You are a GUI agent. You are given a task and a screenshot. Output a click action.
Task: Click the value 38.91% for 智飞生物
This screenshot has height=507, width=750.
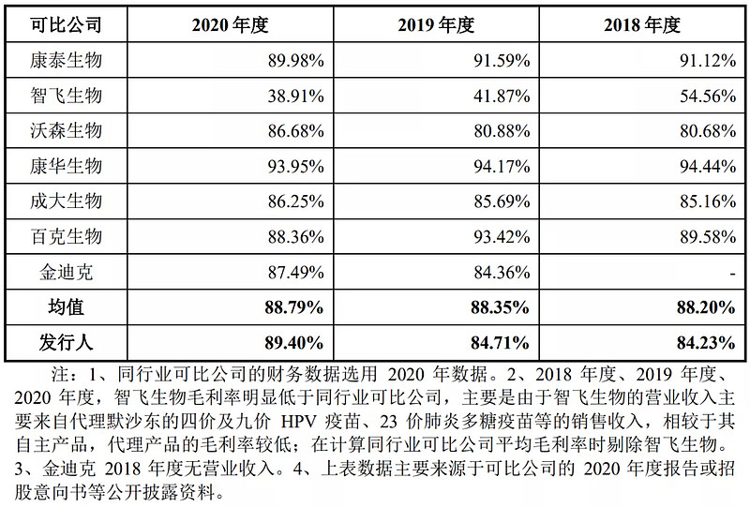294,96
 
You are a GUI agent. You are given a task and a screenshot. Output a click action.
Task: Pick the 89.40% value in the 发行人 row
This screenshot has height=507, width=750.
292,341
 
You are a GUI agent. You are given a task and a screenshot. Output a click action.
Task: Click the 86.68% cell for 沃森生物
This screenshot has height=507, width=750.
294,130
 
